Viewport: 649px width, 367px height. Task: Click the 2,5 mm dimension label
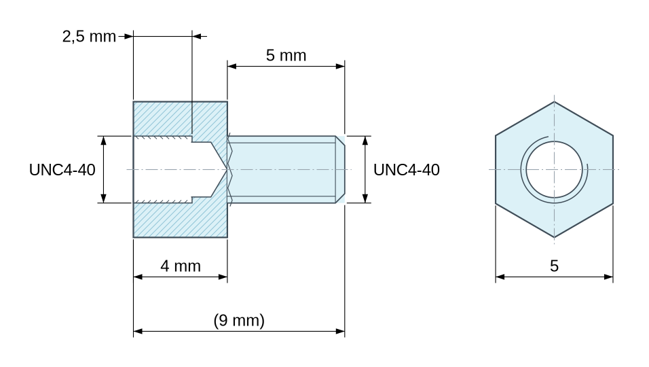point(89,37)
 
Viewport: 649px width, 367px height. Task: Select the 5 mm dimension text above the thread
point(286,56)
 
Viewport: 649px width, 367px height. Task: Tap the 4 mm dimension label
point(181,266)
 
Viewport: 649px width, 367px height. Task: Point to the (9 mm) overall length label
point(239,320)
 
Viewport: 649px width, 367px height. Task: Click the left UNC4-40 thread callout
point(62,170)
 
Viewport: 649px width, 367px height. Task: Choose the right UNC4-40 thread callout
point(407,170)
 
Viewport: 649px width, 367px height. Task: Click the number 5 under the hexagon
point(554,266)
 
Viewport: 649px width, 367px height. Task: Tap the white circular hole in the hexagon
point(554,169)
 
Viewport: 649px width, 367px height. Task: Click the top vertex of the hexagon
point(554,101)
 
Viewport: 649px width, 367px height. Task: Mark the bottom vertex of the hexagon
point(554,237)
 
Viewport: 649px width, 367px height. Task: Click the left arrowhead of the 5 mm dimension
point(231,66)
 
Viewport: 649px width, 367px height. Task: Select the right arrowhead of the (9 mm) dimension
point(340,332)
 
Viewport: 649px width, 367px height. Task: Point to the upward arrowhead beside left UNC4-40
point(103,140)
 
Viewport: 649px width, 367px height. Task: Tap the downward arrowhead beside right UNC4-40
point(365,198)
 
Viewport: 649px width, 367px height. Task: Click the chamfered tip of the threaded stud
point(340,169)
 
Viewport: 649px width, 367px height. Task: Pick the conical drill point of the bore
point(219,169)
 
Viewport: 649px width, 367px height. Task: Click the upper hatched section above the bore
point(180,119)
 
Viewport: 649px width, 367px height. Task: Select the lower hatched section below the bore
point(180,220)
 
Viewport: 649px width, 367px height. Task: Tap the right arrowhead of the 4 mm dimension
point(223,277)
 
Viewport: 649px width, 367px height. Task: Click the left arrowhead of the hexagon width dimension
point(500,277)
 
